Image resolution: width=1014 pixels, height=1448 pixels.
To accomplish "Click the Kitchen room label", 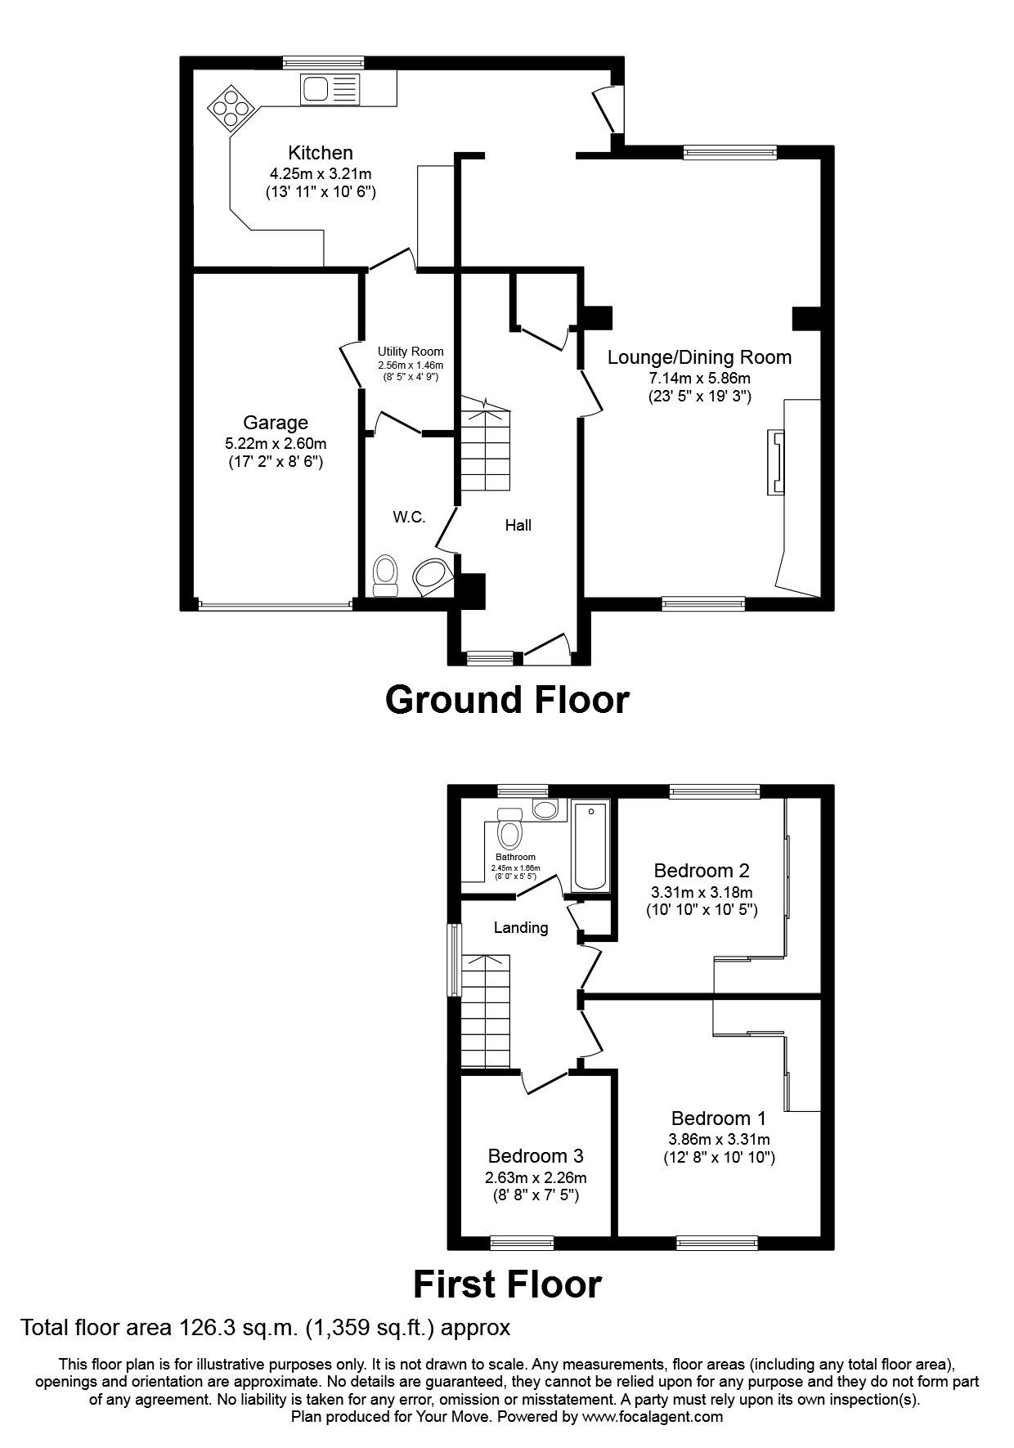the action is (x=321, y=153).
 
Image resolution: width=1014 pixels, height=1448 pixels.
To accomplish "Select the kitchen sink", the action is (x=330, y=88).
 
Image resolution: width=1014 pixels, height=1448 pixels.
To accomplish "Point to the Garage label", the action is (x=276, y=423).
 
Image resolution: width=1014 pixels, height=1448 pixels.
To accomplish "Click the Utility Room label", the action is (x=411, y=352).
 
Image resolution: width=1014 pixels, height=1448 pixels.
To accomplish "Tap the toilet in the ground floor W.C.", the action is (x=384, y=576).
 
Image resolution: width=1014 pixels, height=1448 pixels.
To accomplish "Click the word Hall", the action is (x=518, y=525).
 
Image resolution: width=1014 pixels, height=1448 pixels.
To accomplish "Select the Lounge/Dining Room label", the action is (x=700, y=357).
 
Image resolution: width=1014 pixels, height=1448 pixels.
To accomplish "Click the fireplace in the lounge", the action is (x=774, y=463).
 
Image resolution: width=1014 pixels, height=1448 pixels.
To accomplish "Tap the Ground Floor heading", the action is (x=507, y=700).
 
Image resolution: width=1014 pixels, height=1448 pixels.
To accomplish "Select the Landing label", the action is (x=521, y=927).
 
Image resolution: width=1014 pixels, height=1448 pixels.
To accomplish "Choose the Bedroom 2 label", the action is (x=702, y=871).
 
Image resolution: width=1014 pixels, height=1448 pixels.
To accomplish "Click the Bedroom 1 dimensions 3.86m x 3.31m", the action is (x=719, y=1139).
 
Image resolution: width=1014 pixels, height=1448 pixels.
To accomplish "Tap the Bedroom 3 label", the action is (x=536, y=1156).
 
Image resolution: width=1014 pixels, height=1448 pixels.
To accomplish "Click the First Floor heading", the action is (x=507, y=1284).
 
